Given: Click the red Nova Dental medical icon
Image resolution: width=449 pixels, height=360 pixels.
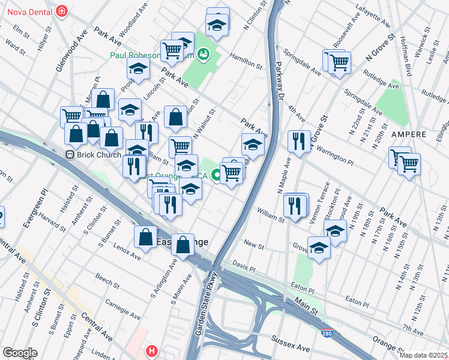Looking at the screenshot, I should tap(61, 10).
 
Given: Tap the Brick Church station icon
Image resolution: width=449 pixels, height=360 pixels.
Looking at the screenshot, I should tap(70, 154).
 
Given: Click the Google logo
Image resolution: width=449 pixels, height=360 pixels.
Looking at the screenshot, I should tap(20, 353).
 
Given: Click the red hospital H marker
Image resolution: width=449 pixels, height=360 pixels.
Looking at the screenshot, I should tap(152, 350).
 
